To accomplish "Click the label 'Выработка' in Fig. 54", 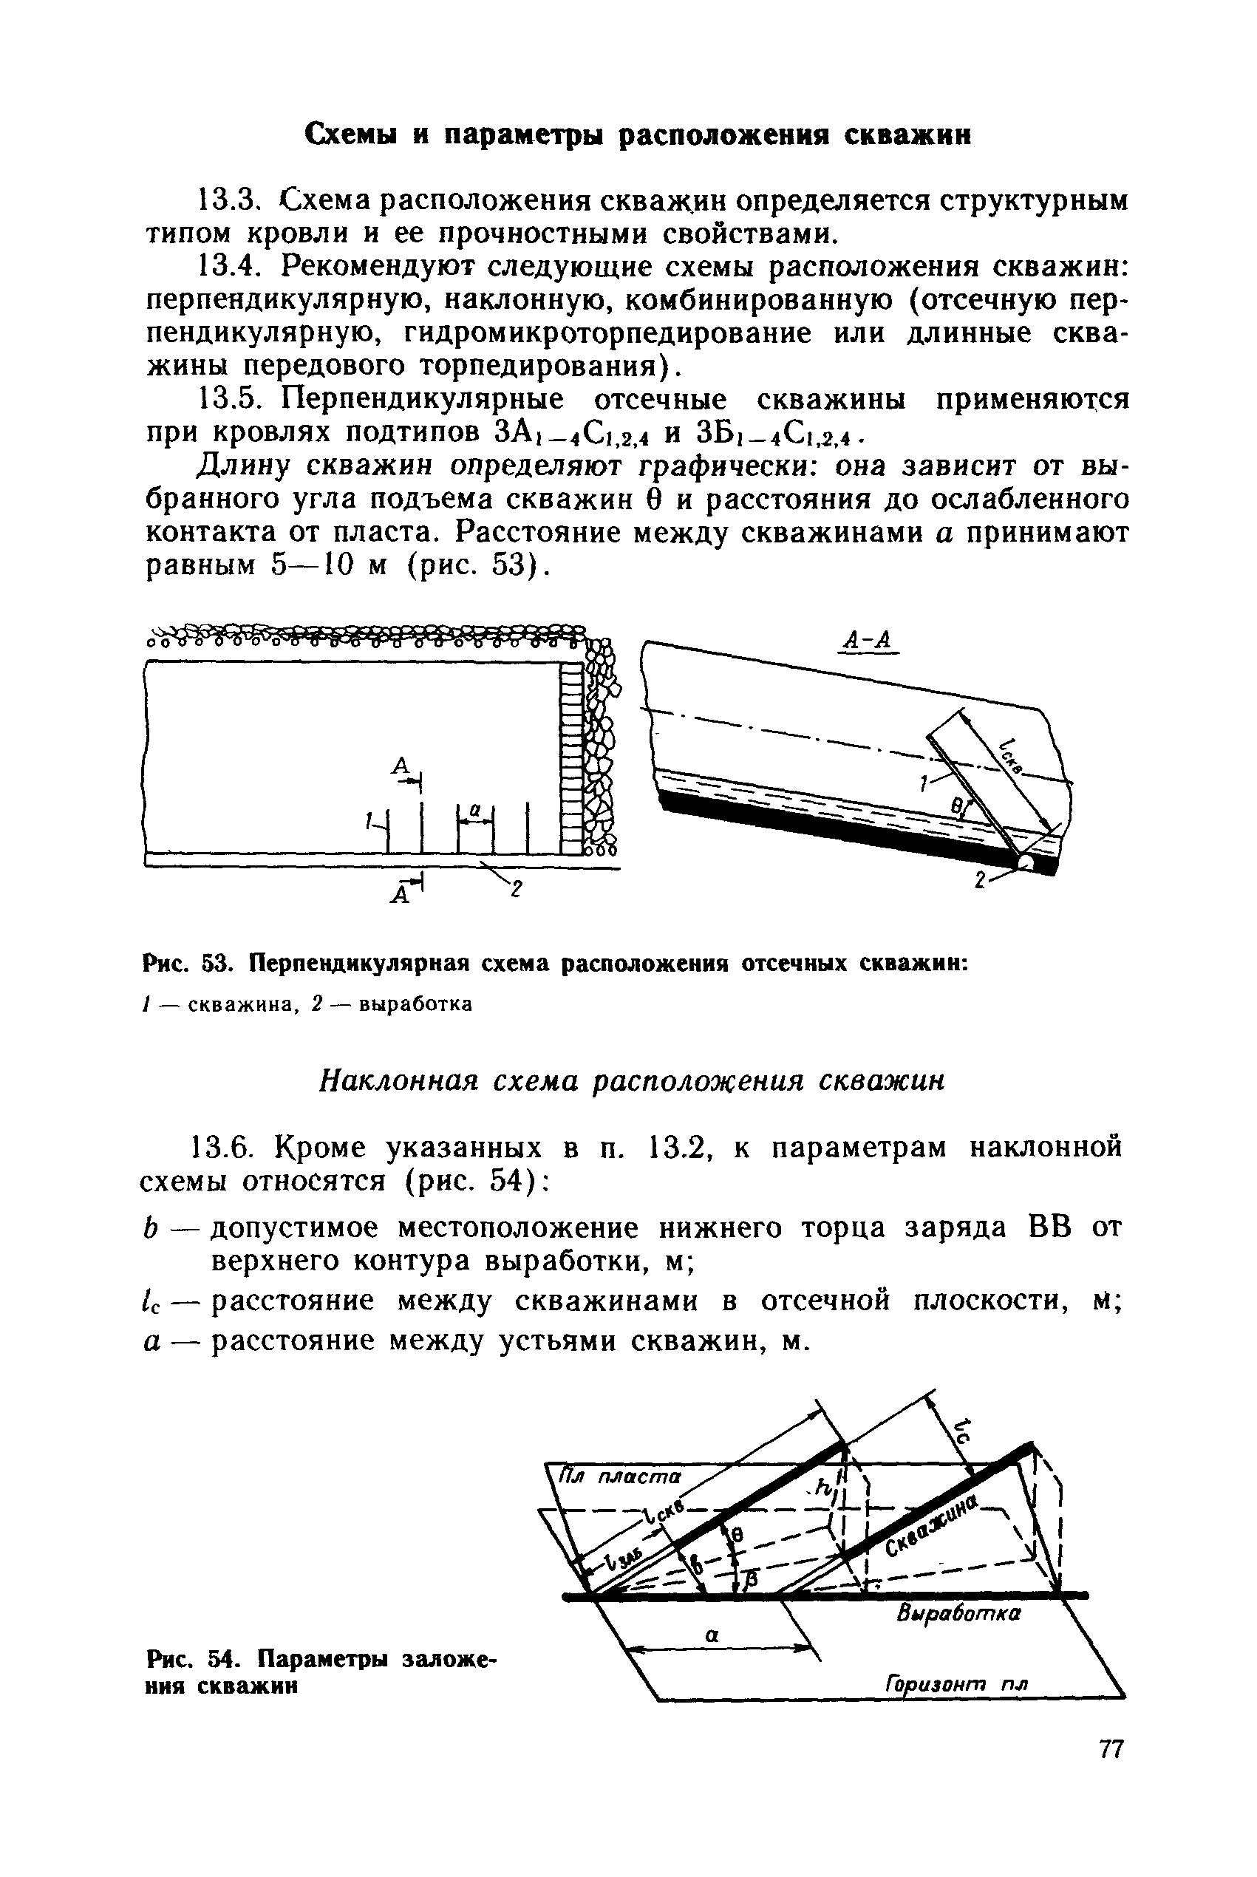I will pyautogui.click(x=958, y=1612).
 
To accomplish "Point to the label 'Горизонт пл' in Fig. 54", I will pyautogui.click(x=956, y=1683).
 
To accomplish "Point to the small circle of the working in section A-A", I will pyautogui.click(x=1025, y=862).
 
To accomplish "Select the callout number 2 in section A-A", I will pyautogui.click(x=980, y=879).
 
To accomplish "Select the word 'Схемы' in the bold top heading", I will pyautogui.click(x=350, y=134).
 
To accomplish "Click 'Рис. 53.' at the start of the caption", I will pyautogui.click(x=191, y=964).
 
